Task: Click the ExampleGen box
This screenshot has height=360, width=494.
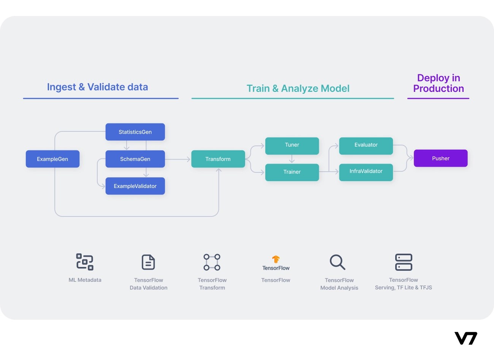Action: point(52,159)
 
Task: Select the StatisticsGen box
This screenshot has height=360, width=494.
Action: point(135,132)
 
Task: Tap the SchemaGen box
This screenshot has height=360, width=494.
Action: point(135,159)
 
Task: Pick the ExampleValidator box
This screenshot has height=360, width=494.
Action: point(135,186)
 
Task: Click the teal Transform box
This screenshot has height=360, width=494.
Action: point(218,159)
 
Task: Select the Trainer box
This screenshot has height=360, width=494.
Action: point(292,172)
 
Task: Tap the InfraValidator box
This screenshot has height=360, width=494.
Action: point(366,172)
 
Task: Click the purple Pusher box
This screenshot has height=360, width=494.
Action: point(440,158)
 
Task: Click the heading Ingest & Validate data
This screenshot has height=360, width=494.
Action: point(97,87)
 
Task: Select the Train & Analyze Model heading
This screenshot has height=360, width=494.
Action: point(298,88)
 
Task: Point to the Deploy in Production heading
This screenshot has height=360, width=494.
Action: point(439,83)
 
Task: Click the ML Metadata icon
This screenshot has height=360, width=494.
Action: point(85,262)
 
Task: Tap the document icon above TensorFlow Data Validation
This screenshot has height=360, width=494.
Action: point(148,262)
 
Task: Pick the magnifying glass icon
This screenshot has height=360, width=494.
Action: point(337,262)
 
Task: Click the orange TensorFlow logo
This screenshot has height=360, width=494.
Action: point(276,259)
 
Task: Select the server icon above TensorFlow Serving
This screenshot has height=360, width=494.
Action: point(404,262)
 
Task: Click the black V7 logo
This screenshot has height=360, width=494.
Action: point(465,338)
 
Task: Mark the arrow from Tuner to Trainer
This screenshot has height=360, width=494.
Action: point(292,159)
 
